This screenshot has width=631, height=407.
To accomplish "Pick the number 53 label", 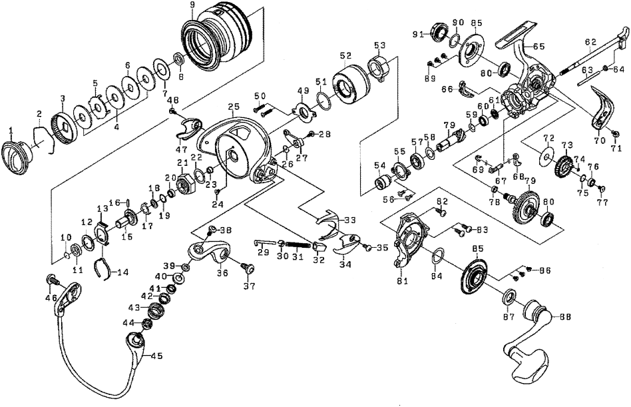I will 379,45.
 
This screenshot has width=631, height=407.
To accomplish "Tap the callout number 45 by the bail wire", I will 156,356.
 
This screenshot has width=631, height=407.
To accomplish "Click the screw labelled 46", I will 51,280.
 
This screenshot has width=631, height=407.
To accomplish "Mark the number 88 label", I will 567,316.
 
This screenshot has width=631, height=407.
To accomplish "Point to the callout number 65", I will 538,46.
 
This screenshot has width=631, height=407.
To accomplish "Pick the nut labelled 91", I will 438,31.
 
